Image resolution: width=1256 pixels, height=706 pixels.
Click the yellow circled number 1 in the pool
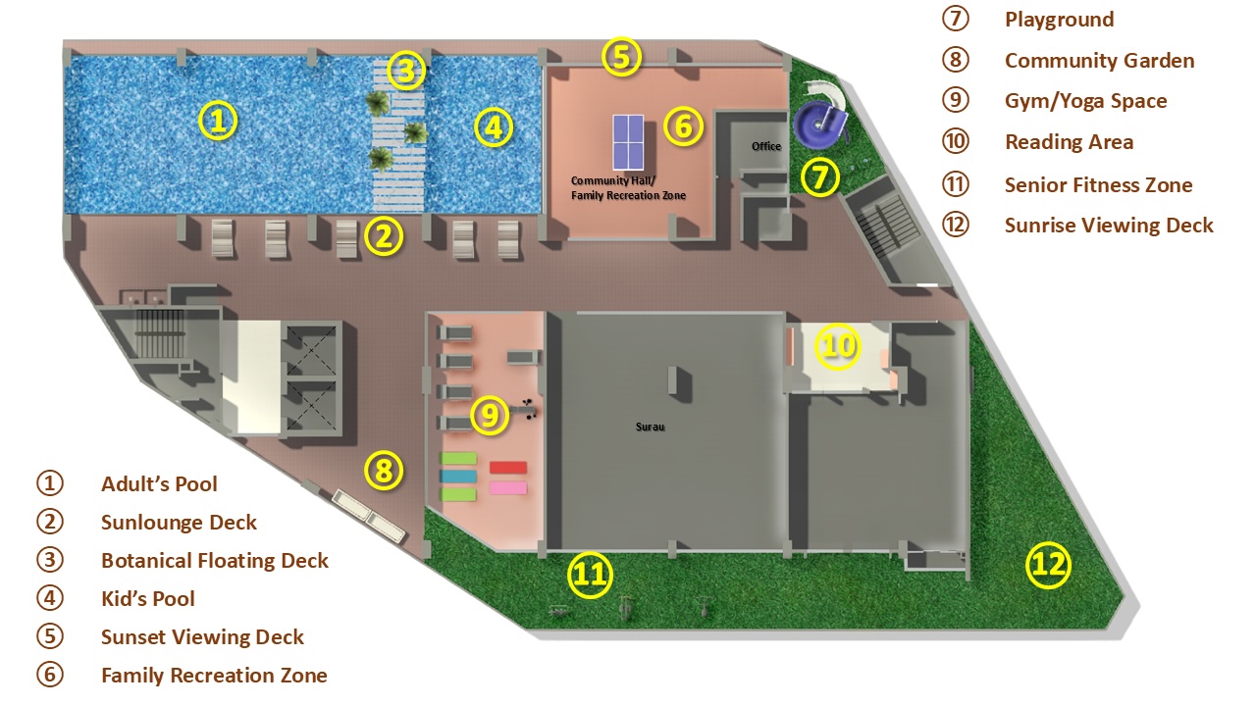[218, 121]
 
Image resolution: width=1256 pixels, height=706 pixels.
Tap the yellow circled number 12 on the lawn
[1048, 565]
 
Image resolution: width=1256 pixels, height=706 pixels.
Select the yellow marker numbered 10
[838, 346]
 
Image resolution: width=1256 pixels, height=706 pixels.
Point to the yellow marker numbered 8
[384, 470]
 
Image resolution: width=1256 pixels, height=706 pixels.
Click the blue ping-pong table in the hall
[628, 142]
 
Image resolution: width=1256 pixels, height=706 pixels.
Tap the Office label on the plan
[766, 146]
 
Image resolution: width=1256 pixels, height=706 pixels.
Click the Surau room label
[650, 427]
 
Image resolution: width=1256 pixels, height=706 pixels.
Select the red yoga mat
[508, 468]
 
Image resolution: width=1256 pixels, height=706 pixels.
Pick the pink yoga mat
[508, 488]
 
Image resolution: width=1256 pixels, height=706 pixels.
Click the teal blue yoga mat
[458, 477]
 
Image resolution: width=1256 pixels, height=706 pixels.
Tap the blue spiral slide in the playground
[819, 125]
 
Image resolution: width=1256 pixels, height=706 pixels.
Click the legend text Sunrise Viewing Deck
[1109, 226]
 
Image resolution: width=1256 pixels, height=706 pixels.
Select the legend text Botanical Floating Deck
[215, 561]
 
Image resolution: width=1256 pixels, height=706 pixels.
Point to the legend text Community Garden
[1100, 61]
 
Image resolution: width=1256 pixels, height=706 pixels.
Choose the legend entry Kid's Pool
[148, 599]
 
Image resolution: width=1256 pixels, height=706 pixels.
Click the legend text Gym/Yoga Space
[1086, 101]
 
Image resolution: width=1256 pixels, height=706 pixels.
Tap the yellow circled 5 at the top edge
[621, 57]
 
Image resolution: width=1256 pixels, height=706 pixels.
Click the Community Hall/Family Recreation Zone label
[628, 188]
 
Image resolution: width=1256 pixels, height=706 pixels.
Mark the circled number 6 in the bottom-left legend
[50, 675]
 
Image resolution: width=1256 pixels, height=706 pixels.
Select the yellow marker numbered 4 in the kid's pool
[494, 127]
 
